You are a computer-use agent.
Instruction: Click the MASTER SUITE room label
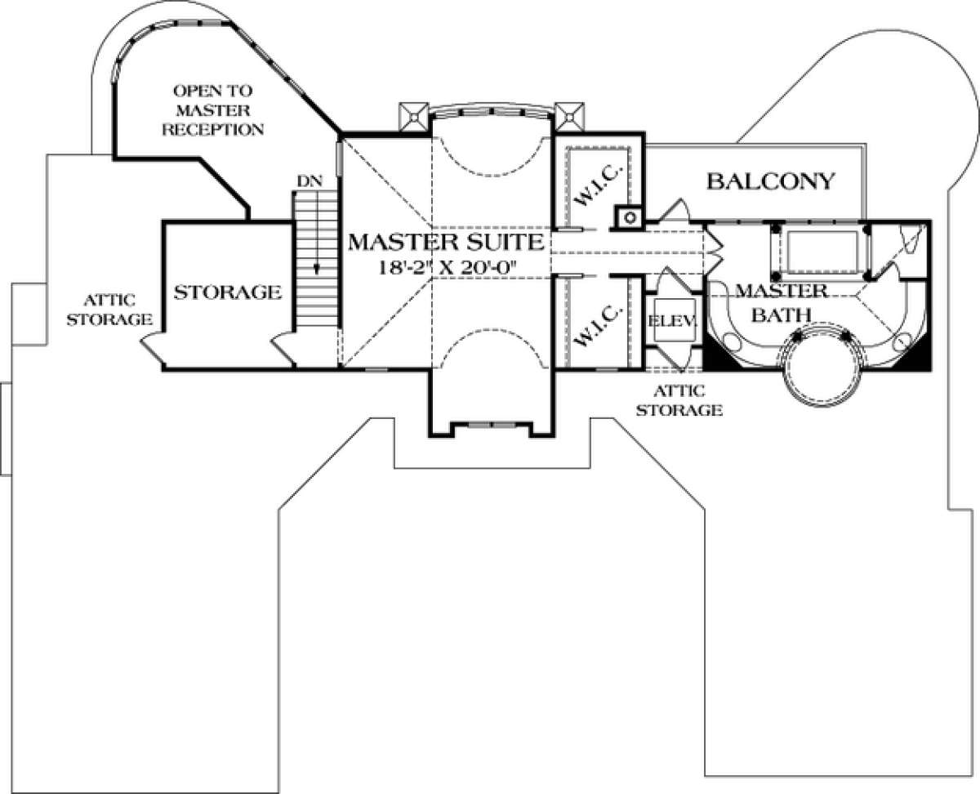(x=445, y=241)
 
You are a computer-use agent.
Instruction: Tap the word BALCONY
(x=771, y=181)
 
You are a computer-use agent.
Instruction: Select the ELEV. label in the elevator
(x=672, y=321)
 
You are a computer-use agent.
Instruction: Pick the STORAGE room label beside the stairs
(x=228, y=292)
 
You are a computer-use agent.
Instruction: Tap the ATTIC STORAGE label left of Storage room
(x=111, y=310)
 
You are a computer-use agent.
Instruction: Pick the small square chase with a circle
(x=628, y=216)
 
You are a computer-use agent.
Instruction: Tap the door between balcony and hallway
(x=674, y=211)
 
